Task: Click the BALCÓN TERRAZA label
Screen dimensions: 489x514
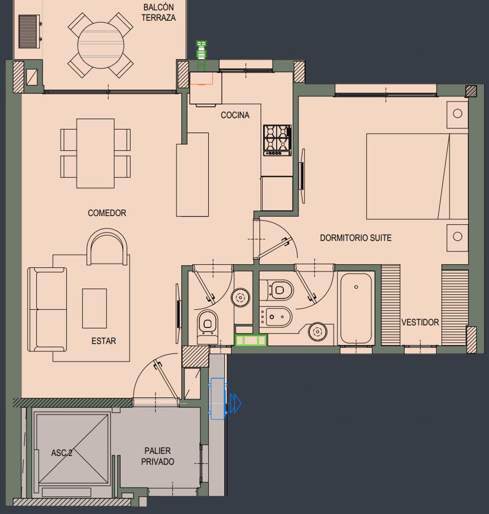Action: click(159, 12)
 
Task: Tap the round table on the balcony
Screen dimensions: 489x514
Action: click(101, 45)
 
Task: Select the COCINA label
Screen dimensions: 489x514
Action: click(235, 115)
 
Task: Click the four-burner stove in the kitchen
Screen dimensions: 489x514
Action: click(278, 140)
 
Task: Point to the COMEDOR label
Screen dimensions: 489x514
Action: click(107, 213)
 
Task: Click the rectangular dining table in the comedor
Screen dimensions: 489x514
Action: click(95, 153)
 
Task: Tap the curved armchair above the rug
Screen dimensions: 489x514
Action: click(107, 247)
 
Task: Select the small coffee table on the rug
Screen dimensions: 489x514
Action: click(94, 308)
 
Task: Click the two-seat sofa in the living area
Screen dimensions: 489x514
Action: click(47, 309)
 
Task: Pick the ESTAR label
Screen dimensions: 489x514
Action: click(104, 341)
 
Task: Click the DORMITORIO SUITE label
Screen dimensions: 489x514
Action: click(356, 238)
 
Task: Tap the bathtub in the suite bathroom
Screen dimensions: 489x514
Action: click(356, 308)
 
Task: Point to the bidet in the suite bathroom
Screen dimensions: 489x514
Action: click(276, 317)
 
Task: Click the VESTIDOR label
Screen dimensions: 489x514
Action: click(420, 322)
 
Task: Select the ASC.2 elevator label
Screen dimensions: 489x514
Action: click(62, 453)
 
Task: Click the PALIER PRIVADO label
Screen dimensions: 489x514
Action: click(158, 456)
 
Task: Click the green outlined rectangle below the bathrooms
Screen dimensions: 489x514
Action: click(251, 340)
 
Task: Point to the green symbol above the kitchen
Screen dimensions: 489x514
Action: click(202, 55)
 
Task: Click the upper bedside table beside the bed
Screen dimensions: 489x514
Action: click(457, 114)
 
